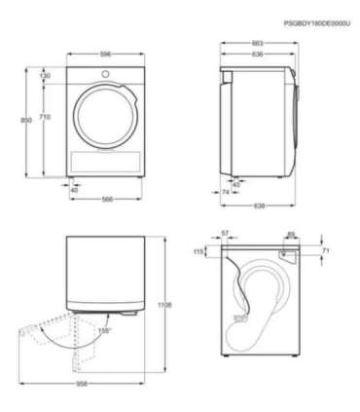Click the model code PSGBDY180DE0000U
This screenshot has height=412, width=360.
click(x=315, y=21)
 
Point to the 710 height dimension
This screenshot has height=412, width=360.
click(x=46, y=117)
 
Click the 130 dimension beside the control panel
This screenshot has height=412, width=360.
click(x=46, y=75)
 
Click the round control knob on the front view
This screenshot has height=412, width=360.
click(x=102, y=74)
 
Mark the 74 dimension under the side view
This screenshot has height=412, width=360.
click(x=226, y=193)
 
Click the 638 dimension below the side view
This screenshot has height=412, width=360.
click(x=259, y=206)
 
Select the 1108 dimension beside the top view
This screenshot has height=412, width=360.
click(x=166, y=305)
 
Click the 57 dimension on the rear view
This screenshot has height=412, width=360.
click(x=225, y=234)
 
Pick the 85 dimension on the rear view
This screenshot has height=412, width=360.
click(x=291, y=234)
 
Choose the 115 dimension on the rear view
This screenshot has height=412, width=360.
click(x=200, y=251)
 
